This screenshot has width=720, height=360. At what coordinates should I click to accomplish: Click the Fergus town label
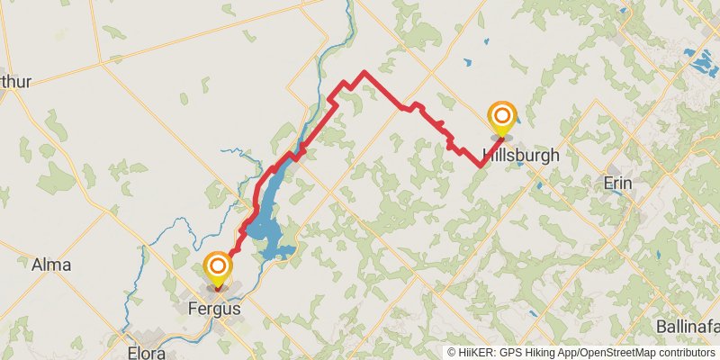click(214, 308)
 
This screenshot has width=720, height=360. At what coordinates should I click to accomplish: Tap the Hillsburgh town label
click(521, 155)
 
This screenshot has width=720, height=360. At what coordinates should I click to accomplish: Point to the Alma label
click(50, 265)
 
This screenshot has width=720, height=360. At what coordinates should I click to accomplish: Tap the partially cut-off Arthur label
click(16, 82)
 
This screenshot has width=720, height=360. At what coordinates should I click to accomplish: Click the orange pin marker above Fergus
click(217, 267)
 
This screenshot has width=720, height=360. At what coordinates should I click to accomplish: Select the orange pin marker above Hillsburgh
click(501, 117)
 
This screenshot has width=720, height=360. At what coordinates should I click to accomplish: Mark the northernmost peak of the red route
click(364, 72)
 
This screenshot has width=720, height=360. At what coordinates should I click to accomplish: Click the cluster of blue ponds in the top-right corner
click(697, 61)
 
